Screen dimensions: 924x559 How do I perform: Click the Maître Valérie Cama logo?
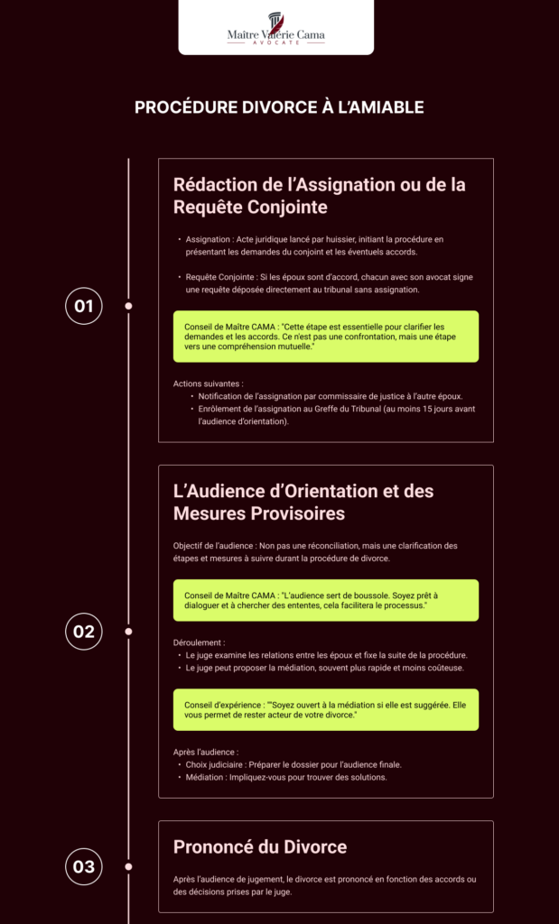[x=276, y=28]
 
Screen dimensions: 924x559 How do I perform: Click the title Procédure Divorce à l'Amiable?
[x=279, y=107]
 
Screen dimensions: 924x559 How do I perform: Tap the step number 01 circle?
[x=84, y=306]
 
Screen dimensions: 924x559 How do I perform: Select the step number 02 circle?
[x=84, y=632]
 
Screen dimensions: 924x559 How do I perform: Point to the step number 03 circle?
[x=84, y=867]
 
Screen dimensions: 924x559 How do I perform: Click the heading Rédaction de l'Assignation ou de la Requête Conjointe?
[x=319, y=195]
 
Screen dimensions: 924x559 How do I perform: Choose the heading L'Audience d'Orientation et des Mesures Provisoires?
[x=303, y=502]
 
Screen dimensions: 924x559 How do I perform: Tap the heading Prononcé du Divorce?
[x=260, y=847]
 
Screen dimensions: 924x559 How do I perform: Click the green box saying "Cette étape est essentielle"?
[x=325, y=337]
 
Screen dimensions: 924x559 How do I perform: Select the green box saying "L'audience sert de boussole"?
[x=325, y=600]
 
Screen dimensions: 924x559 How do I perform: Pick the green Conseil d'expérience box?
[x=325, y=709]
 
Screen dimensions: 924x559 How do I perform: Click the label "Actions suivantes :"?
[x=208, y=383]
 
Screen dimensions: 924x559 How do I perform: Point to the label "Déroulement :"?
[x=200, y=642]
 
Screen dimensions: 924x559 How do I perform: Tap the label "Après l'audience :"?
[x=205, y=752]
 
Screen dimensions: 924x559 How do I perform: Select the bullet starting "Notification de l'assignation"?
[x=331, y=396]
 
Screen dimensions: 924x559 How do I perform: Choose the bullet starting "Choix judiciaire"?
[x=293, y=764]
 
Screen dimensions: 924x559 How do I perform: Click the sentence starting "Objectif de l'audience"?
[x=315, y=551]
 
